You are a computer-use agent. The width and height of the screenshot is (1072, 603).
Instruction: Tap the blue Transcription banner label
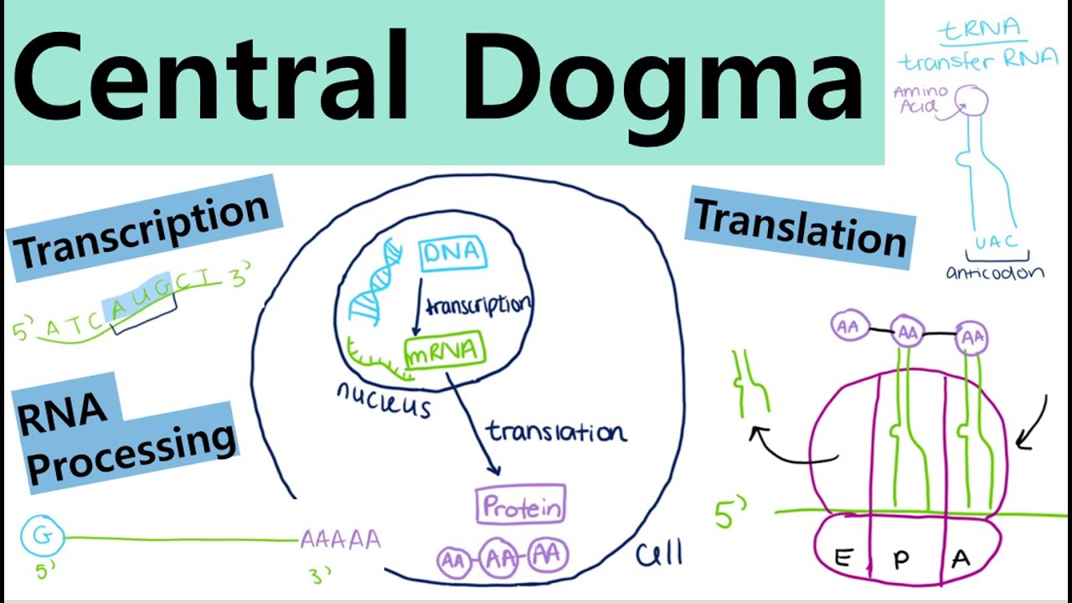tap(142, 228)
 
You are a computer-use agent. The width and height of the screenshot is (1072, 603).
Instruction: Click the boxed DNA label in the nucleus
tap(453, 252)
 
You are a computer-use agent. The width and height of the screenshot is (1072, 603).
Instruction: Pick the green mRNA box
tap(444, 351)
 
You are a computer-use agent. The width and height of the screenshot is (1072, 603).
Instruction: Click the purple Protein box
tap(520, 506)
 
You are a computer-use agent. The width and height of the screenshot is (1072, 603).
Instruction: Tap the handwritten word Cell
tap(658, 553)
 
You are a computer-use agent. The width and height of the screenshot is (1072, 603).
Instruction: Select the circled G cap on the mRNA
tap(42, 535)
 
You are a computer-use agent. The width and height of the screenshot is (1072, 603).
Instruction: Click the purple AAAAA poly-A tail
tap(340, 539)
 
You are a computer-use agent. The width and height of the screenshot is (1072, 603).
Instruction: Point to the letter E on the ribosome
tap(843, 559)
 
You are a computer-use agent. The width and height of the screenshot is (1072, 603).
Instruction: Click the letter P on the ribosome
tap(901, 560)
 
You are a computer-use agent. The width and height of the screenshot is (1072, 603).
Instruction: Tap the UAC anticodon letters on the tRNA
tap(996, 242)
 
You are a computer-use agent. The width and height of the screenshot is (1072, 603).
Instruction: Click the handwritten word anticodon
tap(995, 273)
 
